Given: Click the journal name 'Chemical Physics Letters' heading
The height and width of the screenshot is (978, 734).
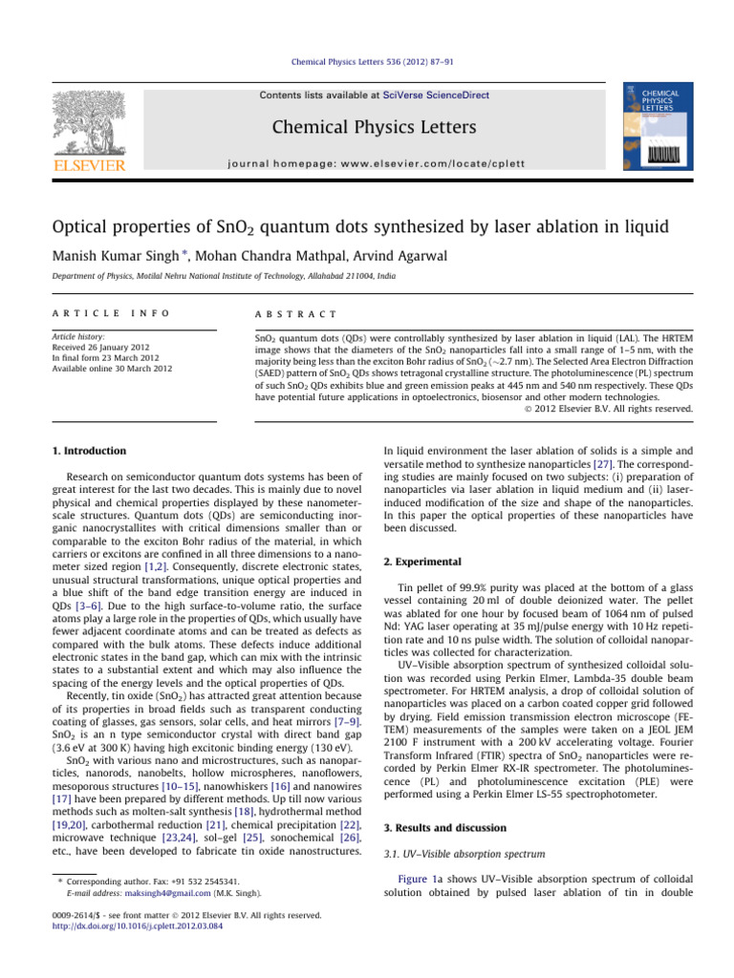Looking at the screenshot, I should (x=367, y=129).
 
